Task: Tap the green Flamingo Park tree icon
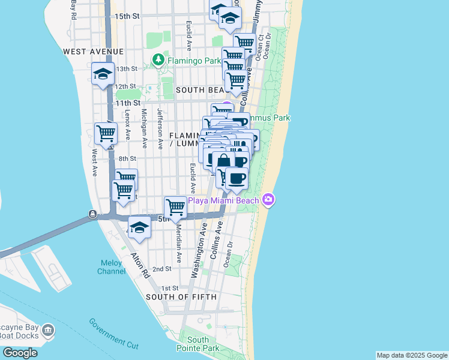click(x=158, y=59)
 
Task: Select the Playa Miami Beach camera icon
click(x=268, y=199)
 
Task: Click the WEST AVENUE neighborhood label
click(x=93, y=52)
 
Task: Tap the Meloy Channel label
click(x=112, y=266)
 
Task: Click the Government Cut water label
click(x=114, y=333)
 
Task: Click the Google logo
click(x=20, y=353)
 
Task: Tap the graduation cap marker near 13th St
click(x=103, y=74)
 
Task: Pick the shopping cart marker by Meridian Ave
click(x=175, y=207)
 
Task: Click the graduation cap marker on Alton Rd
click(x=139, y=227)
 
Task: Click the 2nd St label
click(x=161, y=269)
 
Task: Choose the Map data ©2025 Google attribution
click(x=411, y=355)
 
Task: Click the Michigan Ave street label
click(x=144, y=128)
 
